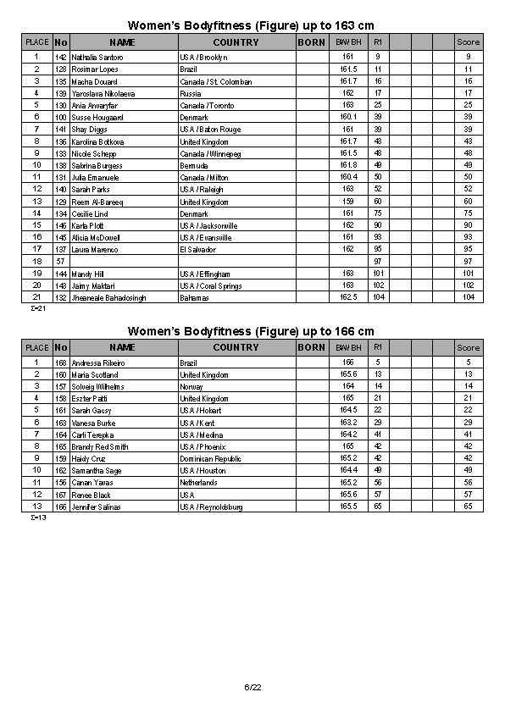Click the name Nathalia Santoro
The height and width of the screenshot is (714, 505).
tap(97, 57)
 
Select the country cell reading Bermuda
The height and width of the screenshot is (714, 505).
tap(194, 166)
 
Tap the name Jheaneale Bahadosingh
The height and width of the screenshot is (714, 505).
tap(108, 298)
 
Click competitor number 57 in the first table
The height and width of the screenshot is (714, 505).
tap(60, 262)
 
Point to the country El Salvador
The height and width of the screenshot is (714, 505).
tap(198, 250)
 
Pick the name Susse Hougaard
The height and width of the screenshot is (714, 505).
tap(97, 117)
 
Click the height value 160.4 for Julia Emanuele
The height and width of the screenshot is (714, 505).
tap(347, 177)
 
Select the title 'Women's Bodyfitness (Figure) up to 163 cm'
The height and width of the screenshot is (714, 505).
tap(251, 25)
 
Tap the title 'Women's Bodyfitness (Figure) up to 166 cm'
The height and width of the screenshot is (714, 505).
tap(251, 330)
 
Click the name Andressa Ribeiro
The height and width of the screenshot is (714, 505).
tap(96, 363)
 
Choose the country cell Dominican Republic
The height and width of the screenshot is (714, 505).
tap(210, 458)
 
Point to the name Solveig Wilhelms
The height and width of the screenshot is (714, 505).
tap(97, 386)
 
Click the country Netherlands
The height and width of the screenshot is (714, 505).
tap(198, 483)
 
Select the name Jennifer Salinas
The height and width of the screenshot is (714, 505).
tap(96, 506)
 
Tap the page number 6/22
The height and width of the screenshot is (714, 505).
tap(252, 686)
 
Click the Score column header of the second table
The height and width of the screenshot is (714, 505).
tap(468, 347)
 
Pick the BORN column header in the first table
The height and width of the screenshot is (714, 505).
tap(311, 42)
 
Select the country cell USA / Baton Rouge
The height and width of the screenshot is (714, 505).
tap(210, 130)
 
